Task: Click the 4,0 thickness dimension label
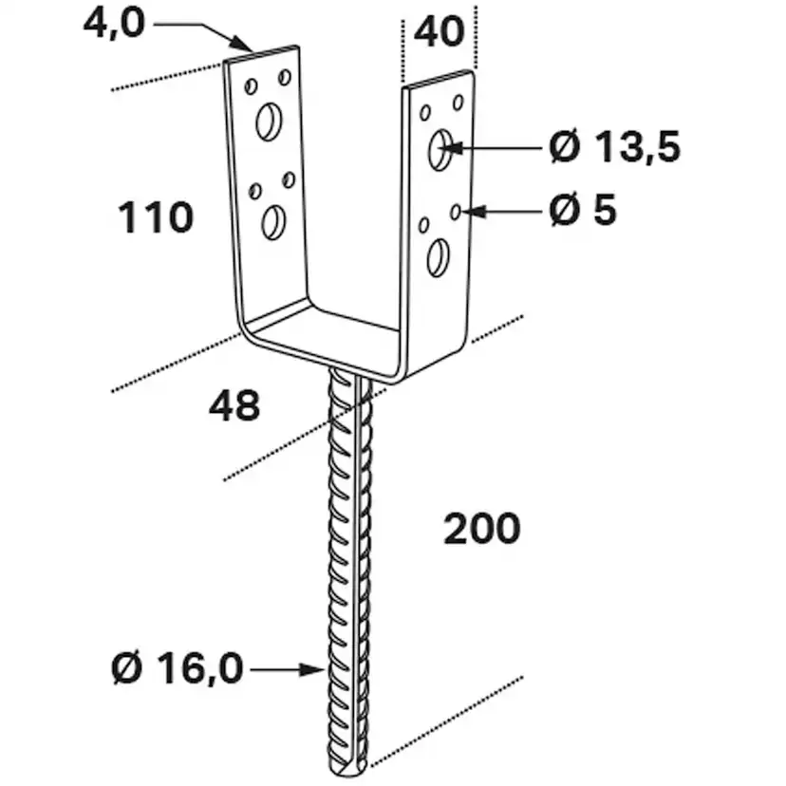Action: click(113, 21)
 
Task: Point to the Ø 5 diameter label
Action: click(582, 211)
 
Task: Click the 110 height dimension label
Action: click(156, 218)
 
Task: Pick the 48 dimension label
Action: click(234, 406)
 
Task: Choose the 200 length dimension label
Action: click(482, 529)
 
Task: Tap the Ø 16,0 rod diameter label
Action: click(177, 670)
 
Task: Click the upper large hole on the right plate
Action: click(440, 149)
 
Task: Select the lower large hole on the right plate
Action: click(438, 257)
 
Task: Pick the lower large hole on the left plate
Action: click(273, 222)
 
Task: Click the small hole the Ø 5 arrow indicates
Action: click(457, 210)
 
